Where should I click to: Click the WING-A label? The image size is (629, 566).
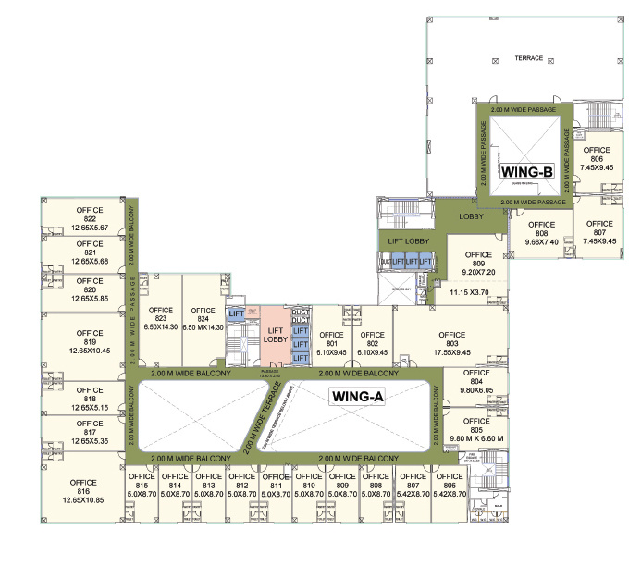tap(358, 397)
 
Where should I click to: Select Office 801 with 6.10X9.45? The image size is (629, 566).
tap(331, 342)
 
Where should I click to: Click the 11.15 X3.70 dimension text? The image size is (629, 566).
tap(474, 292)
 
